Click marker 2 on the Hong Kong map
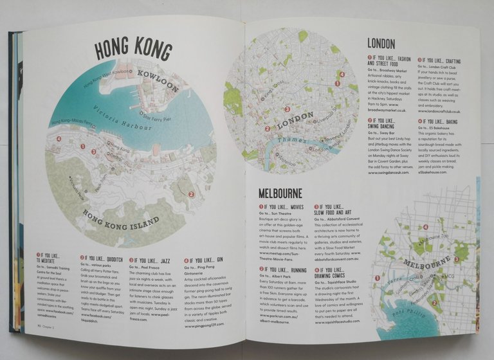[x=191, y=194]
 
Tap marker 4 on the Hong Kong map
[x=59, y=138]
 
